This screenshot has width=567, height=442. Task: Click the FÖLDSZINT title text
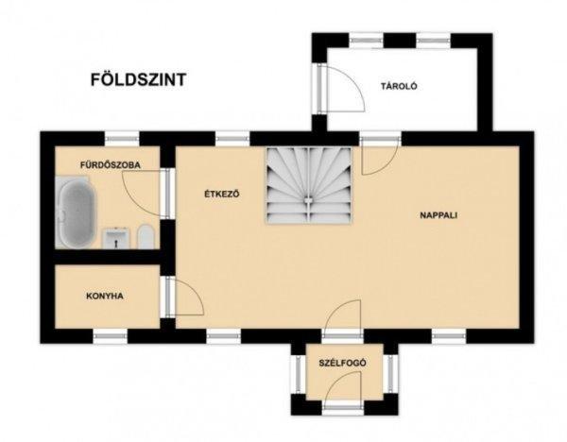[x=139, y=79]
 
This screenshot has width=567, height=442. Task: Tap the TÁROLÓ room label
[x=399, y=86]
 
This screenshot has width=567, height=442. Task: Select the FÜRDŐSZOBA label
[x=111, y=165]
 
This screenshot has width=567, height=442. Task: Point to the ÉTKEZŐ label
[x=222, y=194]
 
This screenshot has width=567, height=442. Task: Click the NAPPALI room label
[x=438, y=215]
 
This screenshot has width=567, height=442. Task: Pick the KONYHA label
[x=105, y=296]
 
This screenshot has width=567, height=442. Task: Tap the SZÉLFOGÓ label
[x=342, y=363]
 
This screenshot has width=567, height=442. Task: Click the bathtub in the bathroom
[x=77, y=213]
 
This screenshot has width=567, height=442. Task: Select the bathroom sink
[x=116, y=238]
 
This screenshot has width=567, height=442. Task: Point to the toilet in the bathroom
[x=146, y=237]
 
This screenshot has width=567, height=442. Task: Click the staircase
[x=309, y=185]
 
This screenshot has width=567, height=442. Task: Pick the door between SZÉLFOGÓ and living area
[x=342, y=318]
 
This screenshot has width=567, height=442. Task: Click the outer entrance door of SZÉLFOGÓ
[x=342, y=389]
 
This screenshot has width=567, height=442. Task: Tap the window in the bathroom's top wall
[x=122, y=139]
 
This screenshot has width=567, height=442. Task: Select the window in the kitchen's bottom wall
[x=111, y=336]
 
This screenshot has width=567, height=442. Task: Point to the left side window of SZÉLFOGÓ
[x=299, y=374]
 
